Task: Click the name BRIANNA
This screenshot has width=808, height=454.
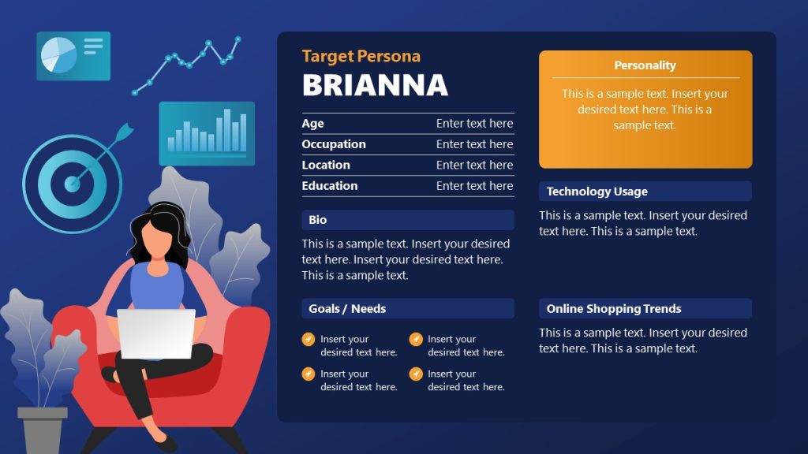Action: pos(375,85)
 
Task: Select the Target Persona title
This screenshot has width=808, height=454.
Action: pos(361,56)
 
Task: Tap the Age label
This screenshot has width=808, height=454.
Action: pos(312,123)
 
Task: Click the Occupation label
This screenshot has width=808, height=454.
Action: pos(333,144)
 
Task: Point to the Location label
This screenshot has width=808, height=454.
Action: pos(325,165)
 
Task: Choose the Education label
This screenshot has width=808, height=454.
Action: pos(329,185)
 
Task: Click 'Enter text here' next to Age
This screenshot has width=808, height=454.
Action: pos(474,123)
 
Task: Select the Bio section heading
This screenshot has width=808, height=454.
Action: pos(317,220)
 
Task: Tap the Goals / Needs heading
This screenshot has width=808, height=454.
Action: pos(347,308)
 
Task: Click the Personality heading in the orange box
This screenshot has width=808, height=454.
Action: pos(645,65)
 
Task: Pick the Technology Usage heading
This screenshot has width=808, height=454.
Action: pos(597,192)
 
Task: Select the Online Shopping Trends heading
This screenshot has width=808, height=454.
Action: pos(613,308)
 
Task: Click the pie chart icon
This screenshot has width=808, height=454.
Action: pos(59,55)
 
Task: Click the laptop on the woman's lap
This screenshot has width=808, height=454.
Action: pos(156,333)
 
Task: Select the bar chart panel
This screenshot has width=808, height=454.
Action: pos(207,133)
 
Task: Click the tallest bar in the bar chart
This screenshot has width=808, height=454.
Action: pos(227,130)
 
